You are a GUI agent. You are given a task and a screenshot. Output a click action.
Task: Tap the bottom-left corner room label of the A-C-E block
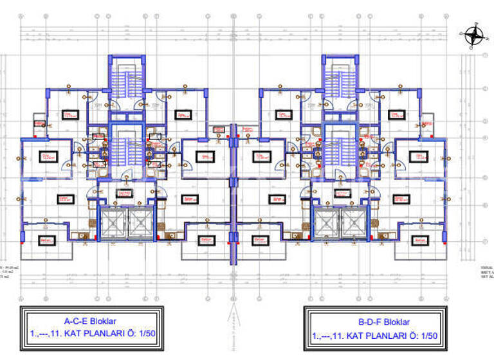46,240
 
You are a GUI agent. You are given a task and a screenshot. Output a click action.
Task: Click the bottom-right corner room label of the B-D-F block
419,240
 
